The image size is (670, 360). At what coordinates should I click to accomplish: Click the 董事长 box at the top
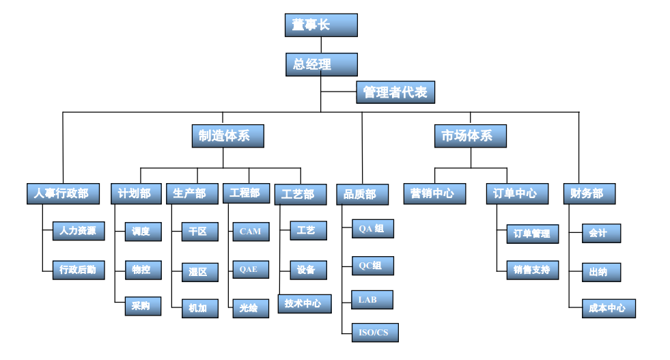tap(321, 25)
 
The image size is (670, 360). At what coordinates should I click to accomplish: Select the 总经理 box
tap(321, 65)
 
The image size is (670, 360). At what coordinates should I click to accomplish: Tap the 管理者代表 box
tap(395, 92)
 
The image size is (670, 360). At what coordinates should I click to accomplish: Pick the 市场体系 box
tap(471, 136)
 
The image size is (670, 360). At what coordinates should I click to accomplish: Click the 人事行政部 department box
tap(62, 193)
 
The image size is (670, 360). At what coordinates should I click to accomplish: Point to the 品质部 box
tap(362, 195)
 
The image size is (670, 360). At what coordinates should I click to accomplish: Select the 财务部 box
tap(589, 193)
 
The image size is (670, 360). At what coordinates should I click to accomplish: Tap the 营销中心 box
tap(434, 193)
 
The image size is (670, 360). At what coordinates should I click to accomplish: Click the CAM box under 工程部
tap(250, 231)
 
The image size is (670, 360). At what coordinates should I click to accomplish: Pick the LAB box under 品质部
tap(372, 299)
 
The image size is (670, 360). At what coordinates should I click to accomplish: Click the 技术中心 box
tap(304, 303)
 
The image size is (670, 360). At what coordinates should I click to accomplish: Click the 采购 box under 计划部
tap(143, 306)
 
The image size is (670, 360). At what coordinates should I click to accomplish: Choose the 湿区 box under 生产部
tap(199, 271)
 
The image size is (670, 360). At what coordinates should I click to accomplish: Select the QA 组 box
tap(372, 229)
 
